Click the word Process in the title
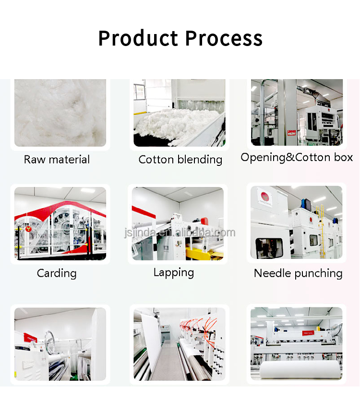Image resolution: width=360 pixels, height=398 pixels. point(224,38)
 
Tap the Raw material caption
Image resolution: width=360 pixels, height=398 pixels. point(57,160)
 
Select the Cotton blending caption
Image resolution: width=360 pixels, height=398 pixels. point(180,160)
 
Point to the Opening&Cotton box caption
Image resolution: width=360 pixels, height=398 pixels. point(297,157)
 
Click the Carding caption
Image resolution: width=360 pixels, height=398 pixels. point(57,273)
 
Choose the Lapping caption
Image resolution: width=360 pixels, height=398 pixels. point(173,272)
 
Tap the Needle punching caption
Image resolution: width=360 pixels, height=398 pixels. point(298,273)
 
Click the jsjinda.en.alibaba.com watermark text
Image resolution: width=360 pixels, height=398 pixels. point(180,233)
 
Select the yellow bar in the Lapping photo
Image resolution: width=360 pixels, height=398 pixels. point(202,252)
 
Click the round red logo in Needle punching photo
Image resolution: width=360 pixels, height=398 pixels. point(264,196)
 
